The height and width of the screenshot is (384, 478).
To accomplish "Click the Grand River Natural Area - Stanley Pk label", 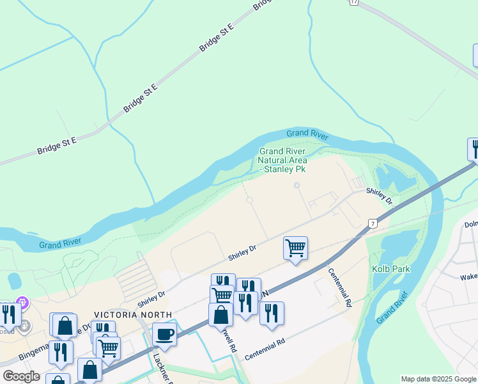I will click(282, 161).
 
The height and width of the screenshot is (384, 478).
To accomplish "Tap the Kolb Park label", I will click(391, 269).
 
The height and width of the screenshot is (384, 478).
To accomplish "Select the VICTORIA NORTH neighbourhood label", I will click(133, 315).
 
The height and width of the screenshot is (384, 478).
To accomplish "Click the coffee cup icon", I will click(164, 334).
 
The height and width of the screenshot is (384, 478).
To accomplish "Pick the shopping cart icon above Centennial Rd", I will click(295, 247).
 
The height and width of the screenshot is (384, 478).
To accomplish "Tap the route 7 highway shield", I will click(371, 223).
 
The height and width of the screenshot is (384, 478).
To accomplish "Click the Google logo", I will click(21, 376).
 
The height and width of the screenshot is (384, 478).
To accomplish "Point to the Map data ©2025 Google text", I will click(439, 379).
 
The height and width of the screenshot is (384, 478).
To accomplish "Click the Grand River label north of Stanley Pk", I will click(307, 134).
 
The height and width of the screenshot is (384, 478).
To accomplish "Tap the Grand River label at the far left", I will click(59, 244).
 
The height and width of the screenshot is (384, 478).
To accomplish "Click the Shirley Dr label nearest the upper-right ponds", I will click(379, 195).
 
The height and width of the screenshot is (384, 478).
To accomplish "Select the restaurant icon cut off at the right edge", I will click(474, 149).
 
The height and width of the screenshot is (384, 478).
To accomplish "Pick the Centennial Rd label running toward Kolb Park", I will click(340, 285).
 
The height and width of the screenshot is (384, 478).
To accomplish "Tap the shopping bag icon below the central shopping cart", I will click(220, 316).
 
